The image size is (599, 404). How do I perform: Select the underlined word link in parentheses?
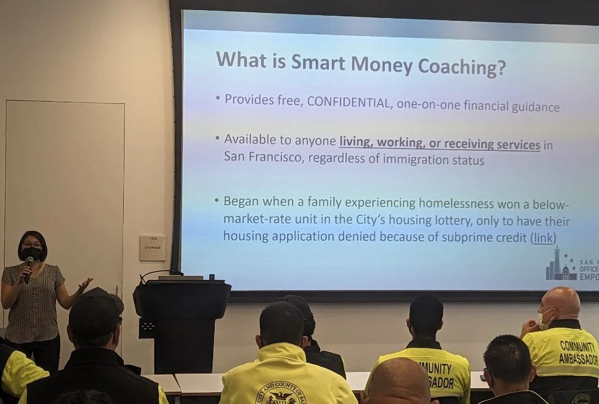543,238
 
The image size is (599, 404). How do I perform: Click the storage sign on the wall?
152,247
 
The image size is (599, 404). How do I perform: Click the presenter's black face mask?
32,254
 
